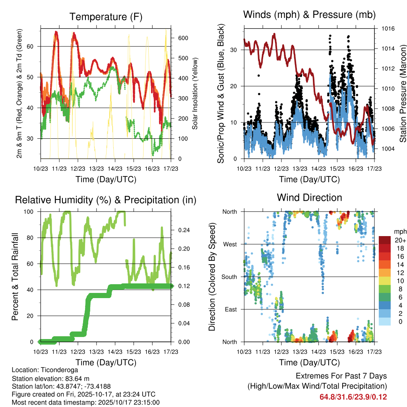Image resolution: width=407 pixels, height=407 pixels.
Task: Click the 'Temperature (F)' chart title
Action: (x=106, y=17)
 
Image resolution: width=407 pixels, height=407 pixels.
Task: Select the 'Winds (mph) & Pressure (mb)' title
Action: (x=310, y=15)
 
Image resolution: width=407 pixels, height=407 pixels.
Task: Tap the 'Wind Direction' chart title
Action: (x=310, y=197)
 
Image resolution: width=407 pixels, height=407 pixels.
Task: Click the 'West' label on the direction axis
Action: (x=230, y=244)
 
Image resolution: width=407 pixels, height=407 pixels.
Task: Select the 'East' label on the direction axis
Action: (x=231, y=309)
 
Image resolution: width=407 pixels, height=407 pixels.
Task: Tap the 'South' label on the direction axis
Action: (x=229, y=277)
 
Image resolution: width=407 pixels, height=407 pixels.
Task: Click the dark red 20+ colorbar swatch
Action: (x=385, y=240)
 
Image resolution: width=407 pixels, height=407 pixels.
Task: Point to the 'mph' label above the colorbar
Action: (x=399, y=231)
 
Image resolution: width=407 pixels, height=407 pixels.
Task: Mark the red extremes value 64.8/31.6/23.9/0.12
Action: (x=353, y=397)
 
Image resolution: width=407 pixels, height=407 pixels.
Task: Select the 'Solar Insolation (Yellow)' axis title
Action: (x=195, y=93)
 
